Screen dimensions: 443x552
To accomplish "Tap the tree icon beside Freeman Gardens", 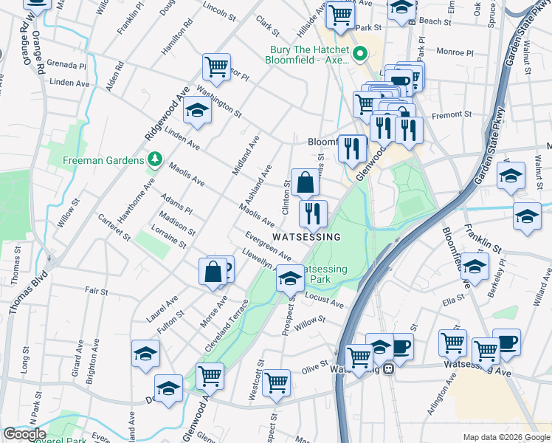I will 154,159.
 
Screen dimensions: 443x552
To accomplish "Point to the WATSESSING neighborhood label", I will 307,237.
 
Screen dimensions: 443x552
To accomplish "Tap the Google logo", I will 24,435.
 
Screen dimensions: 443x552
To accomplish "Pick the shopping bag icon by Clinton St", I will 305,182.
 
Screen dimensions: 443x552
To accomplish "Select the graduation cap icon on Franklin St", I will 526,217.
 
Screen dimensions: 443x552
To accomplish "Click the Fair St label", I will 96,292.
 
